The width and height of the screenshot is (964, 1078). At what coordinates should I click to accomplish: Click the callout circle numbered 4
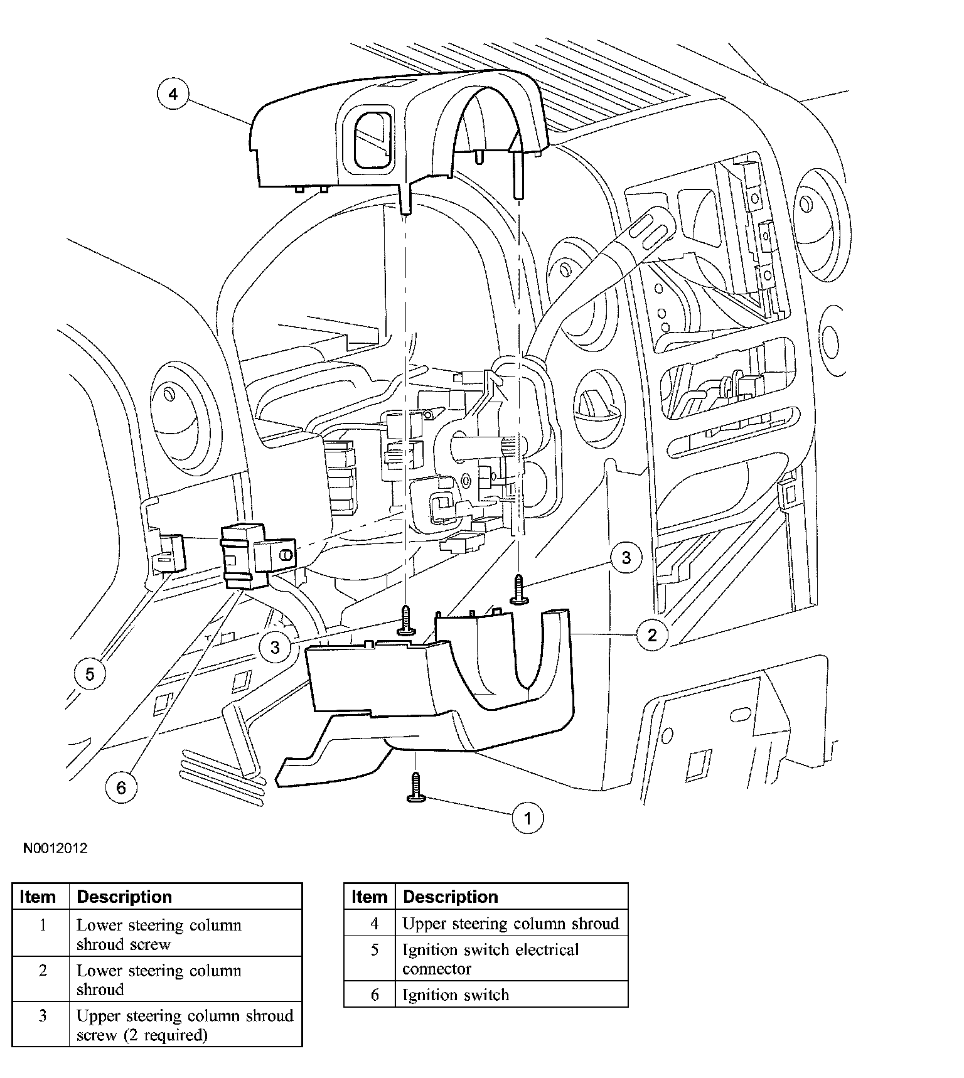pyautogui.click(x=173, y=94)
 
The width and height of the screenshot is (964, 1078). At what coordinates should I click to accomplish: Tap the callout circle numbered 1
pyautogui.click(x=527, y=818)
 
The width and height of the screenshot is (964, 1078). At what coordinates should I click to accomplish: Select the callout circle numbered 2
pyautogui.click(x=652, y=635)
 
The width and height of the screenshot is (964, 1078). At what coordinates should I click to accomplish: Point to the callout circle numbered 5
pyautogui.click(x=90, y=674)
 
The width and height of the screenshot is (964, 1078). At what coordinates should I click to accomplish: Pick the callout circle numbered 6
pyautogui.click(x=121, y=787)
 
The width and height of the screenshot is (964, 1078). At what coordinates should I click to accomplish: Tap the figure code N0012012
pyautogui.click(x=55, y=848)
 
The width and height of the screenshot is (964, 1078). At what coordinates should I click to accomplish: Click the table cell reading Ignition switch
pyautogui.click(x=456, y=995)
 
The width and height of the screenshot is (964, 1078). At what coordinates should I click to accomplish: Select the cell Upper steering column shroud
pyautogui.click(x=510, y=924)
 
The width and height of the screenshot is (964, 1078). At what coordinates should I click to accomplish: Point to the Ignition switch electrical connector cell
pyautogui.click(x=490, y=959)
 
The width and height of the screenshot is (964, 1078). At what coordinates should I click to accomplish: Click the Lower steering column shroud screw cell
pyautogui.click(x=159, y=934)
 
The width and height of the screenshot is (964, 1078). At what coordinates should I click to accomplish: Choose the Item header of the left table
pyautogui.click(x=38, y=897)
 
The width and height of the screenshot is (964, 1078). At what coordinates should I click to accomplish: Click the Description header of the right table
pyautogui.click(x=450, y=897)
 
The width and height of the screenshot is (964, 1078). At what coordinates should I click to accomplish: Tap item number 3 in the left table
pyautogui.click(x=42, y=1016)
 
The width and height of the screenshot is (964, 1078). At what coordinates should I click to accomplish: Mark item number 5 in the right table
pyautogui.click(x=375, y=950)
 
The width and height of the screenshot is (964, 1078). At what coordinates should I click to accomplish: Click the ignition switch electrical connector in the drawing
pyautogui.click(x=169, y=552)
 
